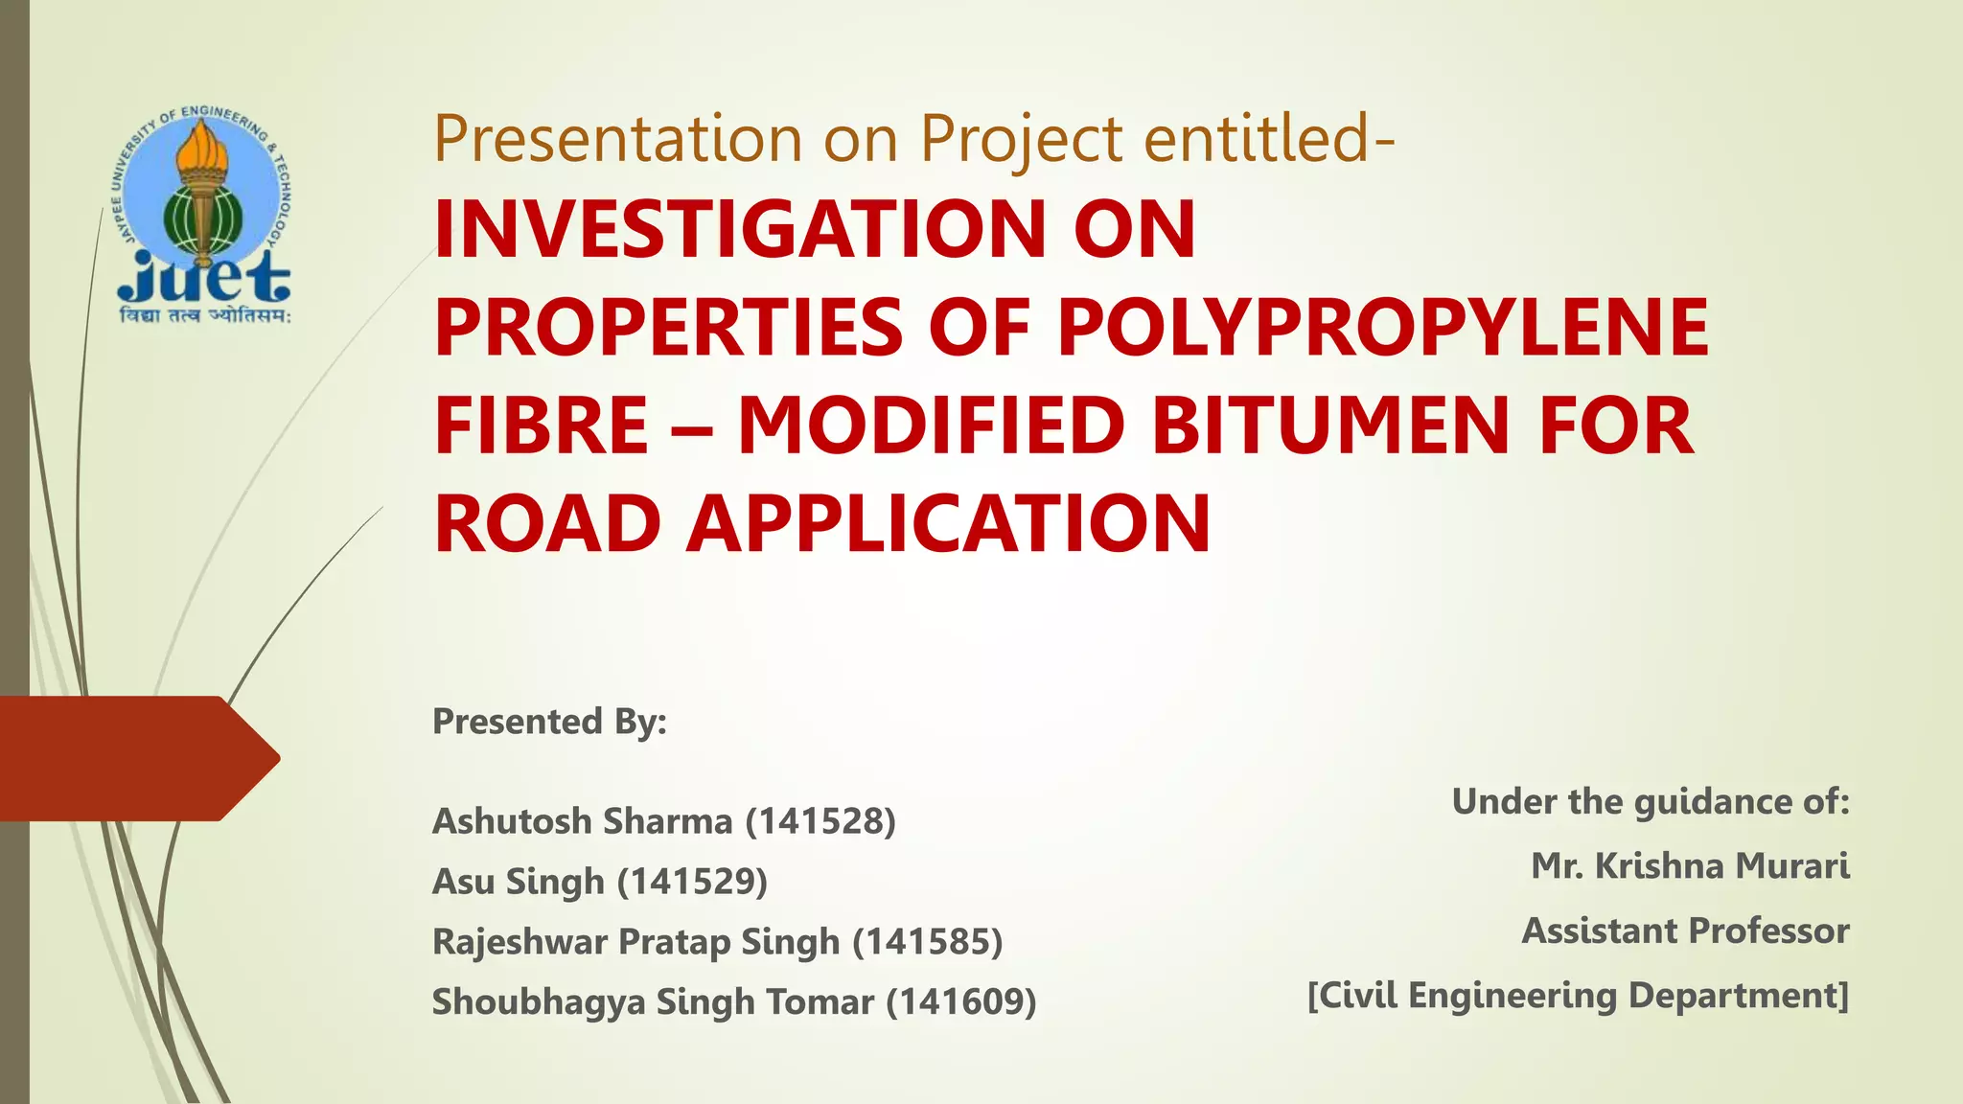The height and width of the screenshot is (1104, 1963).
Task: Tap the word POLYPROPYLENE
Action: pos(1383,327)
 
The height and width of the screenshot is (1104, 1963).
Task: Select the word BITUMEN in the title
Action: pos(1329,425)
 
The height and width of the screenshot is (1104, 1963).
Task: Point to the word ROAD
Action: pos(547,524)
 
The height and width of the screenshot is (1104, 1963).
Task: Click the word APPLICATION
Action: pos(949,524)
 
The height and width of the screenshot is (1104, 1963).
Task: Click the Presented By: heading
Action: pos(549,721)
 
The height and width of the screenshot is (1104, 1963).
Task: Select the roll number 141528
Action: pos(820,821)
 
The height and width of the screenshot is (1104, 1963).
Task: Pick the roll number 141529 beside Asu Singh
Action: pos(692,882)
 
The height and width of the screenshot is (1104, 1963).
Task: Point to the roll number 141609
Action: pos(961,1002)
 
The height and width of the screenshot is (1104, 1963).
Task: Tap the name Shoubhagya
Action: pos(539,1002)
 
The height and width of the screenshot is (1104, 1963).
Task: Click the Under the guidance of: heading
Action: pos(1650,801)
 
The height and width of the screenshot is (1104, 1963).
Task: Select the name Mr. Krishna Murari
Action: pos(1690,866)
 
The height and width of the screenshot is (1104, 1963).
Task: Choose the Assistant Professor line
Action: pos(1685,931)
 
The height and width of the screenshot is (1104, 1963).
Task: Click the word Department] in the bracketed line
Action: pos(1738,996)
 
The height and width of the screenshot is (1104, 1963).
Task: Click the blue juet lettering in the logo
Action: pos(203,279)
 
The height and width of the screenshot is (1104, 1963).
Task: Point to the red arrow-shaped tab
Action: pos(134,758)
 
